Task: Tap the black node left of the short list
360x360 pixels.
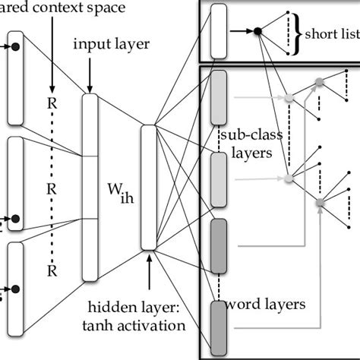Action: [x=257, y=30]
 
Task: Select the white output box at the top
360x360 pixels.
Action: [x=219, y=31]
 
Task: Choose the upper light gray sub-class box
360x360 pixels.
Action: [x=219, y=96]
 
